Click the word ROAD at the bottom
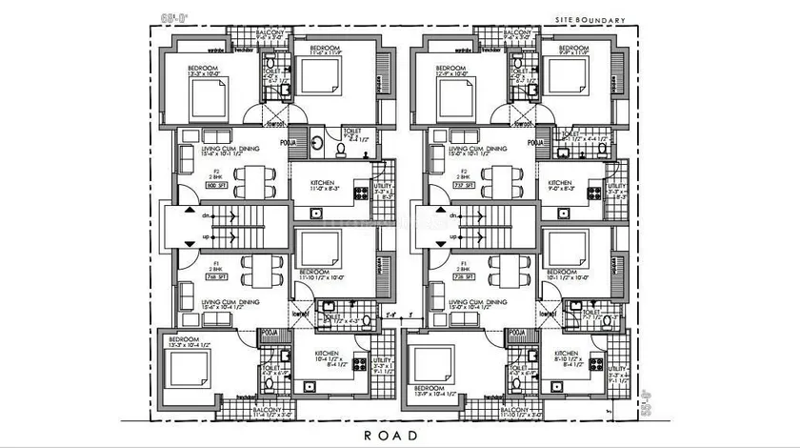[x=391, y=435]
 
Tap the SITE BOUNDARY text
[x=589, y=19]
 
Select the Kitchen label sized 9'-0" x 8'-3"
[x=560, y=186]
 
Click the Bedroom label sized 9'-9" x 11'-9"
[x=575, y=51]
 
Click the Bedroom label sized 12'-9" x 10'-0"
[x=452, y=70]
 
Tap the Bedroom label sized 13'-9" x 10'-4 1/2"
[x=430, y=391]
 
